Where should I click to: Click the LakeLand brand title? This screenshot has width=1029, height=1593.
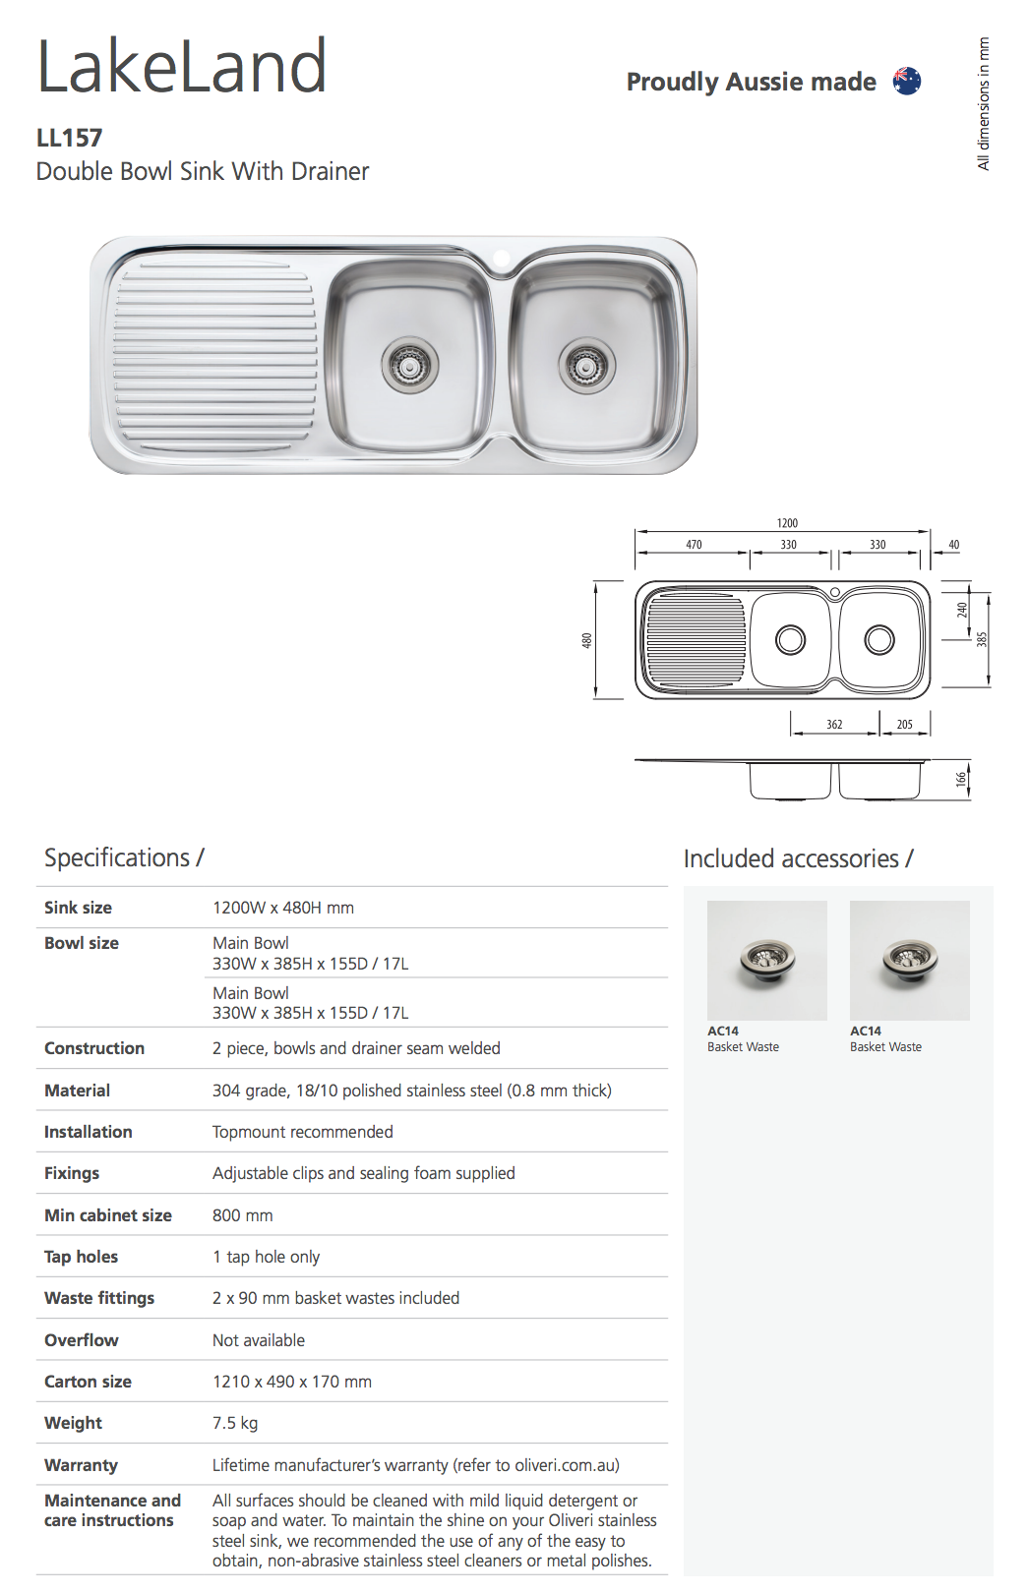[x=182, y=67]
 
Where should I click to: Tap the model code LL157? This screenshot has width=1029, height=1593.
[x=69, y=138]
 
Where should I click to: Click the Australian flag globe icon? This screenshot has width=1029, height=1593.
[x=906, y=81]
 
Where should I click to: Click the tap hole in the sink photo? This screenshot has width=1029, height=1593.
[x=502, y=260]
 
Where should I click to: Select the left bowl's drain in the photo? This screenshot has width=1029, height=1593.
[x=409, y=365]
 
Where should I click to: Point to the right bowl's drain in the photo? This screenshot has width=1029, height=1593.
[x=586, y=366]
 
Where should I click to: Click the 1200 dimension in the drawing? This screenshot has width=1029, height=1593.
[x=787, y=523]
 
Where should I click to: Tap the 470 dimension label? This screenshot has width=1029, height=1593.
[x=694, y=545]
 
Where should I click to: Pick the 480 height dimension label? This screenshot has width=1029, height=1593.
[x=587, y=640]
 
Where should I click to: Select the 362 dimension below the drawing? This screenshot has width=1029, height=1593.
[x=834, y=725]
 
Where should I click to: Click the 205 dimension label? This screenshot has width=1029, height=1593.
[x=904, y=725]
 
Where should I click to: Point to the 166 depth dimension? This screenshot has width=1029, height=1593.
[x=961, y=779]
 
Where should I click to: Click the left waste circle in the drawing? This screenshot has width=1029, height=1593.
[x=790, y=640]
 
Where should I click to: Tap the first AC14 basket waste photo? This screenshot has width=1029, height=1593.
[x=766, y=960]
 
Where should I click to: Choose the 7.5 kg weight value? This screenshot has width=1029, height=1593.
[x=235, y=1423]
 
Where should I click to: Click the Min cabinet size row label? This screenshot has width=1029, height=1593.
[x=108, y=1215]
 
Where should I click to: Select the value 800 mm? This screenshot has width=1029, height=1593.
[x=242, y=1215]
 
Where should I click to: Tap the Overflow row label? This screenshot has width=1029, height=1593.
[x=82, y=1340]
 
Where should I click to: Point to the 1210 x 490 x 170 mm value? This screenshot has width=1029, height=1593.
[x=292, y=1382]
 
